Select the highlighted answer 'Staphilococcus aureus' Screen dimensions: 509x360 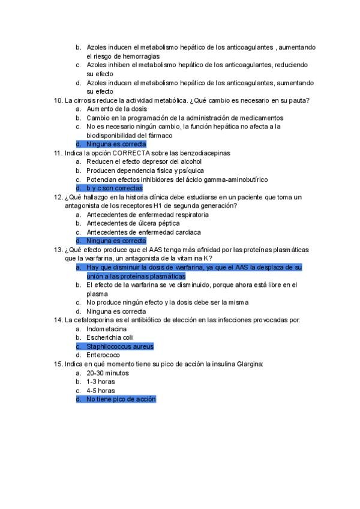click(x=120, y=346)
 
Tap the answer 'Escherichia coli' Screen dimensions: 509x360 click(x=110, y=337)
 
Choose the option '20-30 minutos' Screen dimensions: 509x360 click(x=109, y=373)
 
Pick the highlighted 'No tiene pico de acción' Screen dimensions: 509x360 click(x=121, y=399)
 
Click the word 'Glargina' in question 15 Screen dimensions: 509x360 click(x=249, y=364)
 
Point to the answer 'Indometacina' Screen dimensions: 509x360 click(x=107, y=329)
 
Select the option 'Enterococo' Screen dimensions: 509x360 click(x=103, y=355)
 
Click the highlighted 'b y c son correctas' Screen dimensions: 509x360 click(x=114, y=188)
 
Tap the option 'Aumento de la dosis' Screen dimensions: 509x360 click(x=117, y=109)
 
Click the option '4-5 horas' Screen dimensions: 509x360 click(x=101, y=390)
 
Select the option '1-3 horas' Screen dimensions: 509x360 click(x=101, y=381)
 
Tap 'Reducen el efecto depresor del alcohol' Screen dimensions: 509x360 click(x=144, y=161)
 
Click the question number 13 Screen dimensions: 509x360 click(x=58, y=250)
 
